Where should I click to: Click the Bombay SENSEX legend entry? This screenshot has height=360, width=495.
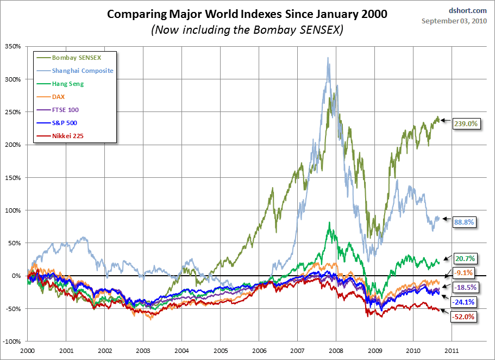click(x=76, y=57)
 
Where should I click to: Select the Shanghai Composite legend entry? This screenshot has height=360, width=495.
click(x=83, y=70)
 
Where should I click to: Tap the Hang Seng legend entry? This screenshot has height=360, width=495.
click(x=68, y=84)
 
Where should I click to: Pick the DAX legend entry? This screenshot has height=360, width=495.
click(x=59, y=97)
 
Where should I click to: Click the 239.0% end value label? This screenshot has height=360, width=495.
click(x=465, y=123)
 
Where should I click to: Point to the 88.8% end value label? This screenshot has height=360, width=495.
click(x=463, y=222)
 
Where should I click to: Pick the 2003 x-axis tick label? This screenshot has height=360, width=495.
click(x=143, y=351)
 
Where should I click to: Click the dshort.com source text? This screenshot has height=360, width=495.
click(x=472, y=10)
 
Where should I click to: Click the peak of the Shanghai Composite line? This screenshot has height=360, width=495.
click(x=328, y=58)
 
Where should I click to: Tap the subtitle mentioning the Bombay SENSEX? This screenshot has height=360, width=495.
click(x=247, y=29)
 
